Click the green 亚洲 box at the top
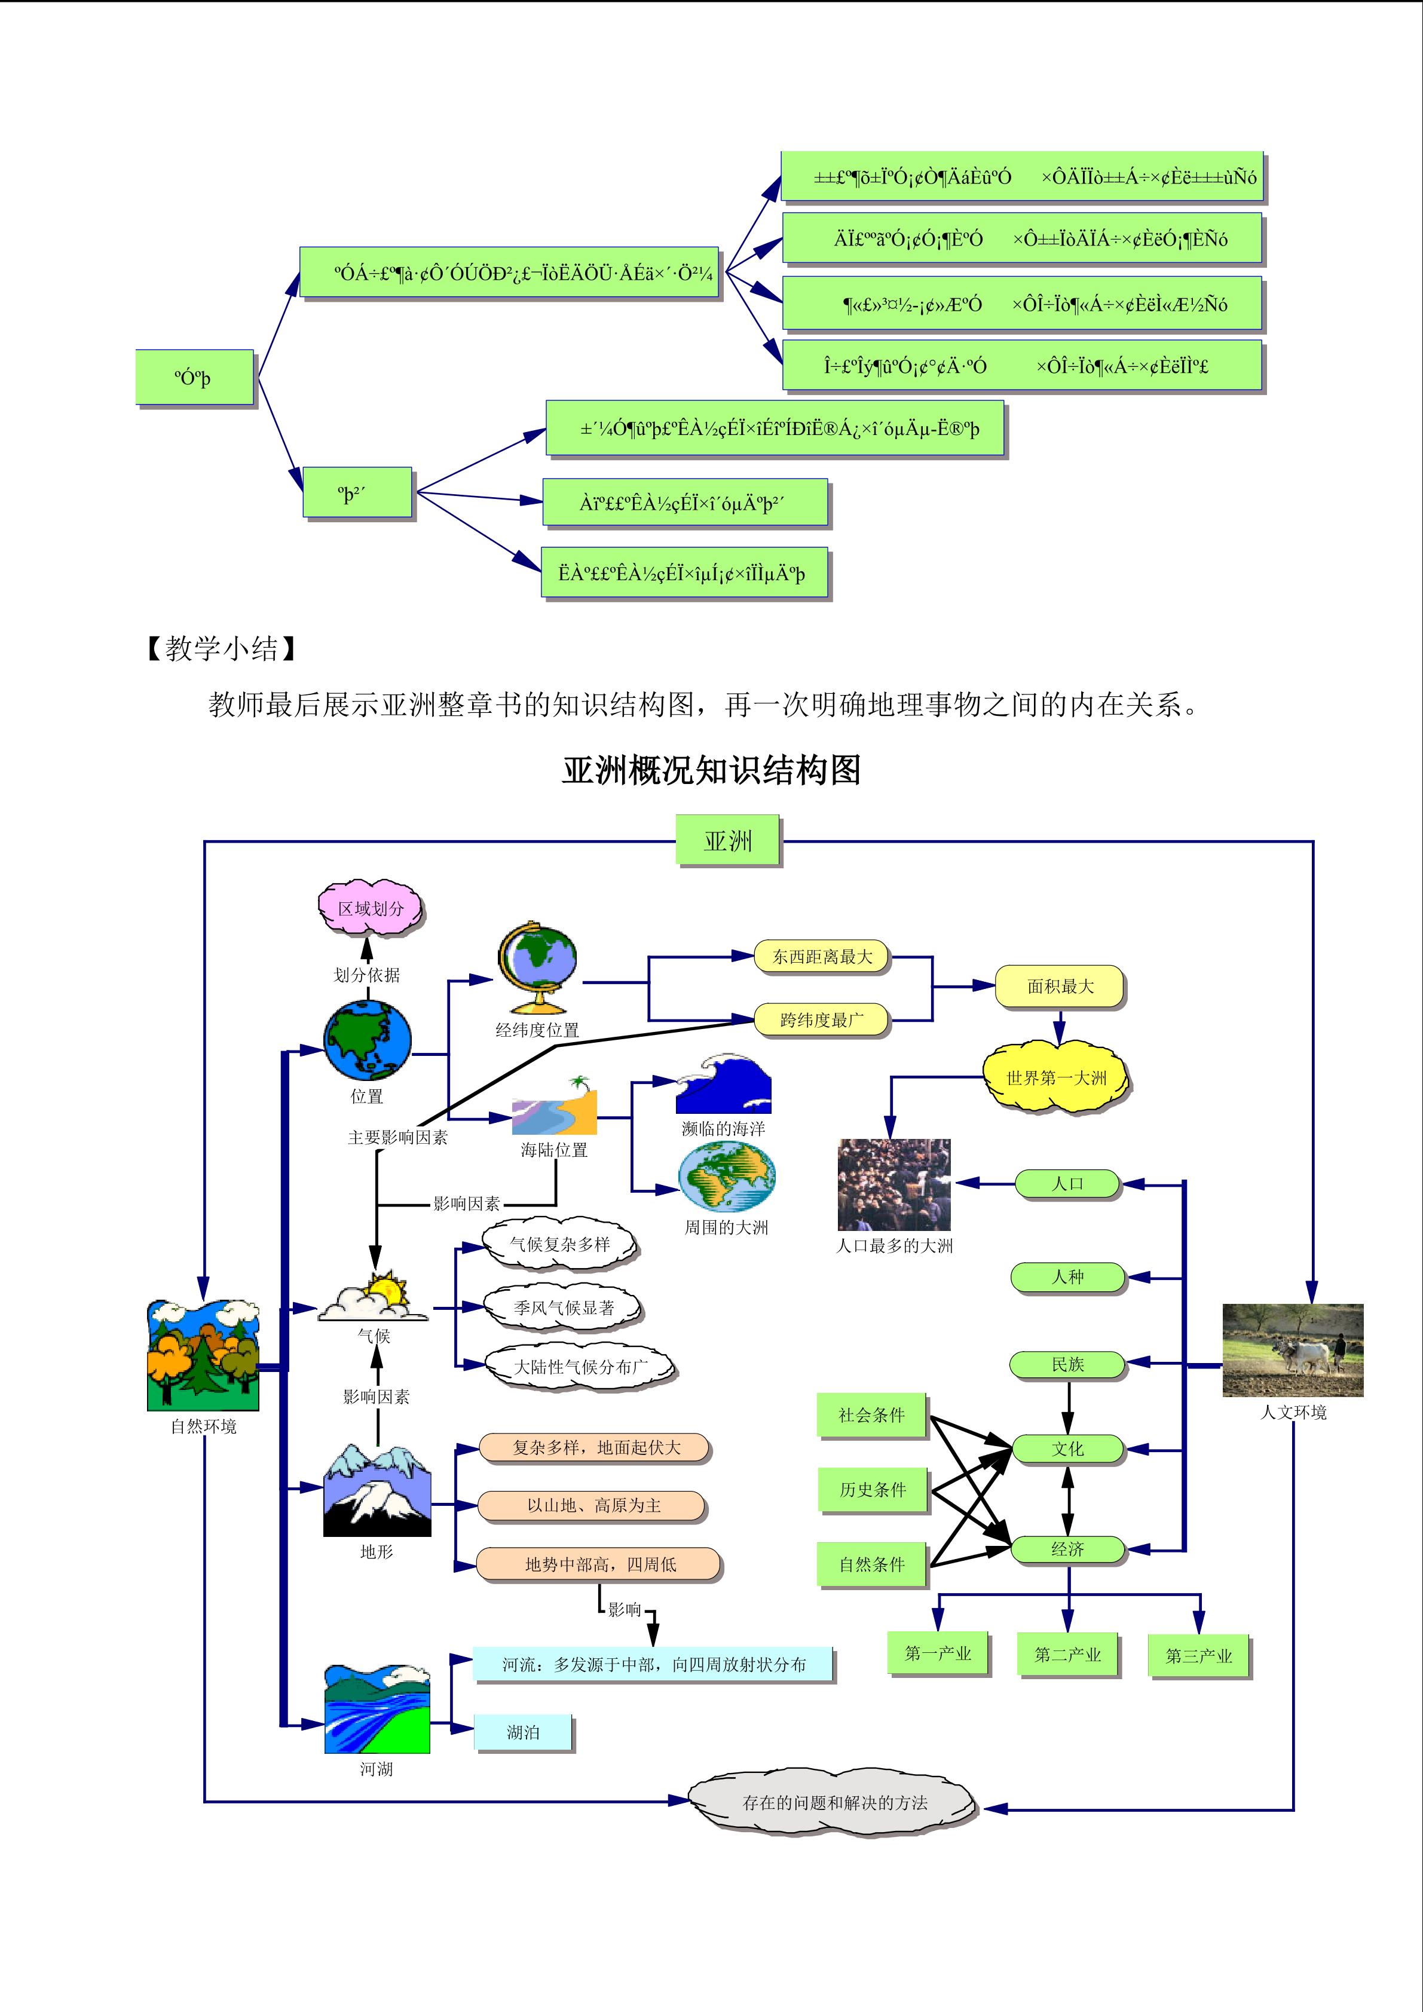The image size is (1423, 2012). coord(728,841)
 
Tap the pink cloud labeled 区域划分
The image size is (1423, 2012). coord(370,909)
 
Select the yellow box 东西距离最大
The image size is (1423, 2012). coord(821,957)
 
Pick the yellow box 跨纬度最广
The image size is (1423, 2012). coord(821,1020)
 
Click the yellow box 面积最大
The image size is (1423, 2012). coord(1060,987)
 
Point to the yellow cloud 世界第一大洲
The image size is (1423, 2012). coord(1056,1078)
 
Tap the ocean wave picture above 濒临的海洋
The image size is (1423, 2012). coord(723,1084)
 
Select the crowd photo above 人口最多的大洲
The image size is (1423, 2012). coord(893,1185)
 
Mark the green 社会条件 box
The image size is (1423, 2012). coord(872,1415)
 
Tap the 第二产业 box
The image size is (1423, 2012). coord(1067,1655)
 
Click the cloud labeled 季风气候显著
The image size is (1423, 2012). coord(564,1307)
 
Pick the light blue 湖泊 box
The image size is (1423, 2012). coord(523,1732)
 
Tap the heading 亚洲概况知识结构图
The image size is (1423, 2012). coord(711,770)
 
